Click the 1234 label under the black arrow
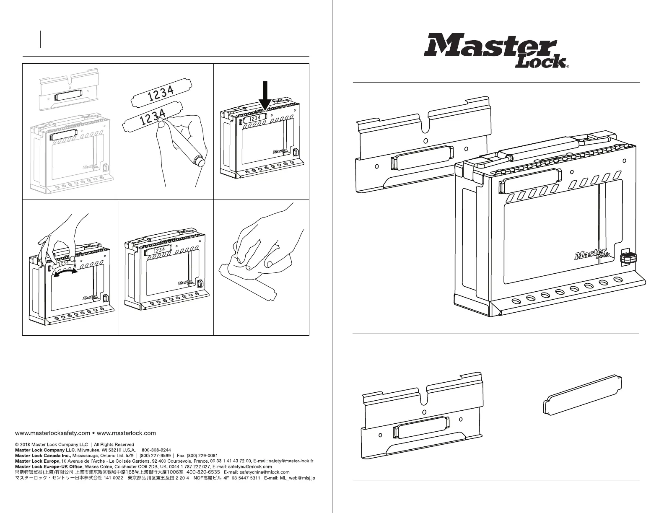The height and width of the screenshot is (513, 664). [254, 119]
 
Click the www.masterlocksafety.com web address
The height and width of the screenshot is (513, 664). [52, 433]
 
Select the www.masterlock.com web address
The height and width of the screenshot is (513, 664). [126, 433]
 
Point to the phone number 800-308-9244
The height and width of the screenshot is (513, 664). [156, 450]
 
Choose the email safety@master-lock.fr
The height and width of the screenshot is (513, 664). [293, 461]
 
